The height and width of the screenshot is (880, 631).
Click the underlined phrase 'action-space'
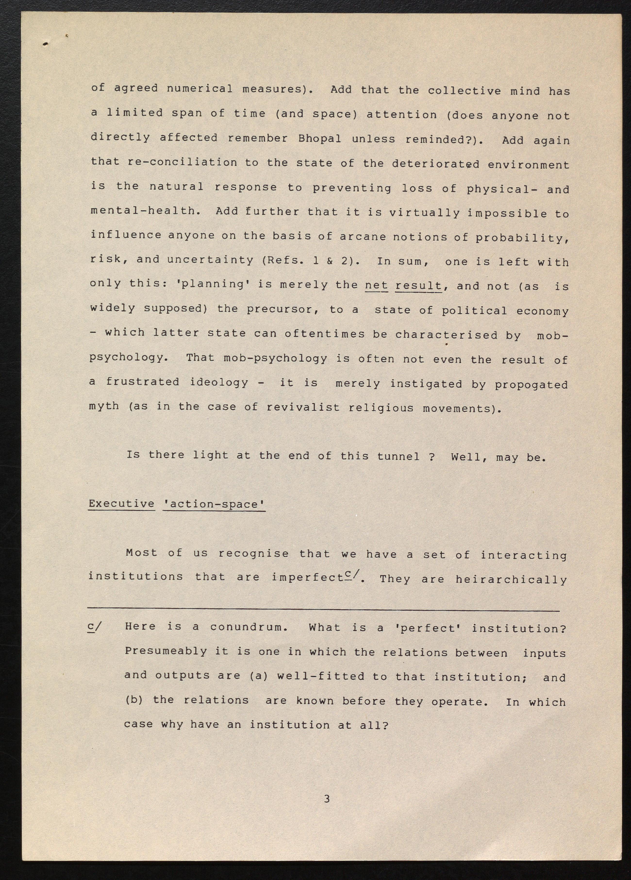point(214,504)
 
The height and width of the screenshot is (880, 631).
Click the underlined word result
point(418,286)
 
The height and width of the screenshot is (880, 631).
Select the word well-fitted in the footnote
point(321,675)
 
